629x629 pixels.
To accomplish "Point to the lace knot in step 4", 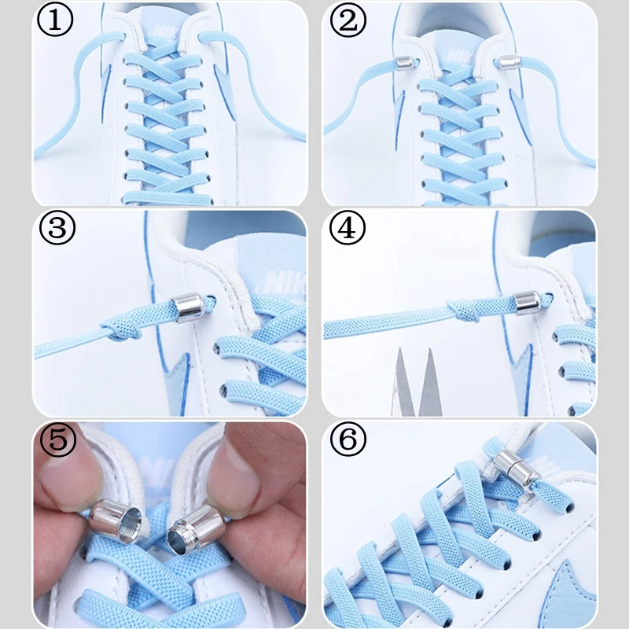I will click(x=464, y=311).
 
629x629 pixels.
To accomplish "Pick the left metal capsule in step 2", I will click(x=402, y=63).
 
